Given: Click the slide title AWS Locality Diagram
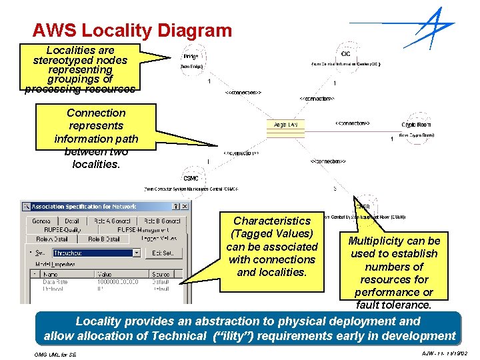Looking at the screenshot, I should (x=132, y=31).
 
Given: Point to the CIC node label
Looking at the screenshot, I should (x=345, y=53).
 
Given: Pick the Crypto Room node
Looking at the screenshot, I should (x=416, y=125).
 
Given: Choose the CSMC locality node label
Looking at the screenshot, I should (x=191, y=178).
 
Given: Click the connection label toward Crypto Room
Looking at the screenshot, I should (x=351, y=123).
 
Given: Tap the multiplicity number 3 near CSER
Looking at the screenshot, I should (x=334, y=189).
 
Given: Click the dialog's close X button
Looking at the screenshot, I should (x=185, y=207).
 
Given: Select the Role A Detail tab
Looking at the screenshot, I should (x=52, y=239).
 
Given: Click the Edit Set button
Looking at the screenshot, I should (x=163, y=253).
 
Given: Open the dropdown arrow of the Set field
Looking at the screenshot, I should (x=137, y=253).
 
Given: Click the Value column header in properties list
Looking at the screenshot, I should (x=105, y=273).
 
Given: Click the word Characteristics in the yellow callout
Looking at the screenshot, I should (x=271, y=221).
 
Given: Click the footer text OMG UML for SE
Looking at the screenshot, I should (x=55, y=354).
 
